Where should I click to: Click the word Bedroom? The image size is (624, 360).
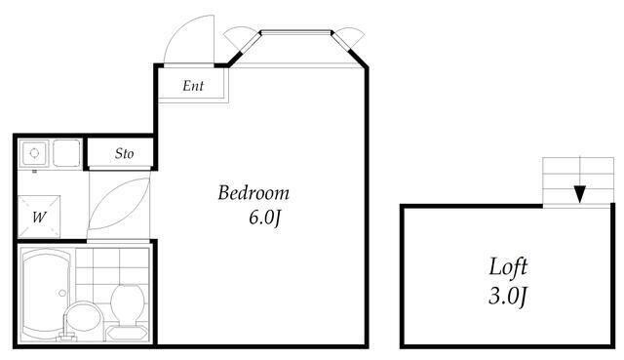tap(253, 193)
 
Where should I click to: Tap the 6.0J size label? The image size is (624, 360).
tap(265, 219)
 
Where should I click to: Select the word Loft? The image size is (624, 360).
tap(508, 266)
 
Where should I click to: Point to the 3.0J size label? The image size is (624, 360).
tap(508, 297)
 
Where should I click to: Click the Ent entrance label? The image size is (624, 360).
tap(193, 86)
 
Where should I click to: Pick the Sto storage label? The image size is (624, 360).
tap(124, 153)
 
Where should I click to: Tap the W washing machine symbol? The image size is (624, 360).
tap(39, 217)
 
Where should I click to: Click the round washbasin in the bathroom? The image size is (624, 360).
tap(82, 317)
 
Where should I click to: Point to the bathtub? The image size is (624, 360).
tap(48, 295)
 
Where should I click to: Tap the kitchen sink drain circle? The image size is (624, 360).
tap(34, 153)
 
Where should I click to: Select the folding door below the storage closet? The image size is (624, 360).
tap(119, 204)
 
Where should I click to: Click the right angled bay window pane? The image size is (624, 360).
tap(340, 42)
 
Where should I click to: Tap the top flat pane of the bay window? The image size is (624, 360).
tap(296, 32)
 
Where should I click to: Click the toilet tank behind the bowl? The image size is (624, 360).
tap(127, 333)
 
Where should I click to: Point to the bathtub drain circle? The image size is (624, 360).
tap(62, 293)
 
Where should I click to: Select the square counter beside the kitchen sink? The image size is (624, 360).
tap(66, 153)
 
